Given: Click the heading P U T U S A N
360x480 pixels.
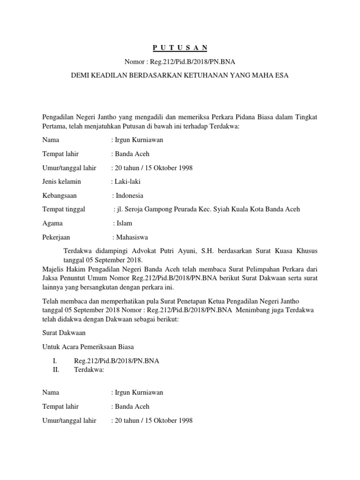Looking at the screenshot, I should (180, 48).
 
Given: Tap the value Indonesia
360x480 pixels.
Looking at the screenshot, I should (129, 195).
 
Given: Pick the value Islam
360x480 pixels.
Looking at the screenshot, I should (125, 223).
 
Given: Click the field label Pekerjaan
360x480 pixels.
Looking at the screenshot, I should (56, 237).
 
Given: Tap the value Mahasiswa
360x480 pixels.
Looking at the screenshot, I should (132, 237).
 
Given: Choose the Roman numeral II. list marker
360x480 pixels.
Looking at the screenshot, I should (56, 369).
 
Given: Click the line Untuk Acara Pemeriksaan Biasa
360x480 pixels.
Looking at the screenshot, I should (88, 347).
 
